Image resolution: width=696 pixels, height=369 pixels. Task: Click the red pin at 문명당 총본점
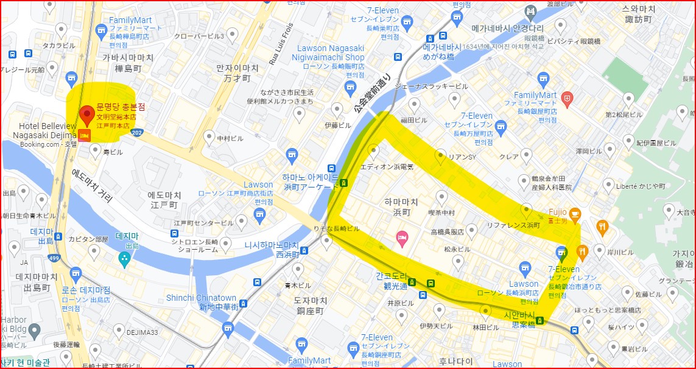pyautogui.click(x=86, y=113)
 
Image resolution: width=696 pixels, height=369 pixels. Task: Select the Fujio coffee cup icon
pyautogui.click(x=575, y=213)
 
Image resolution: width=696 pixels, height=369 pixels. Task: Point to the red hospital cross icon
pyautogui.click(x=568, y=97)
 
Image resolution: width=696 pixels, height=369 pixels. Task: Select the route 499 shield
pyautogui.click(x=54, y=242)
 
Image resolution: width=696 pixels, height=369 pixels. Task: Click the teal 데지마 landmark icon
pyautogui.click(x=125, y=259)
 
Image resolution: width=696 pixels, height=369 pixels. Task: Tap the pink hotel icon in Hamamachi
pyautogui.click(x=401, y=236)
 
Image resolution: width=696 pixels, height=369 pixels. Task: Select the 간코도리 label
pyautogui.click(x=391, y=276)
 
